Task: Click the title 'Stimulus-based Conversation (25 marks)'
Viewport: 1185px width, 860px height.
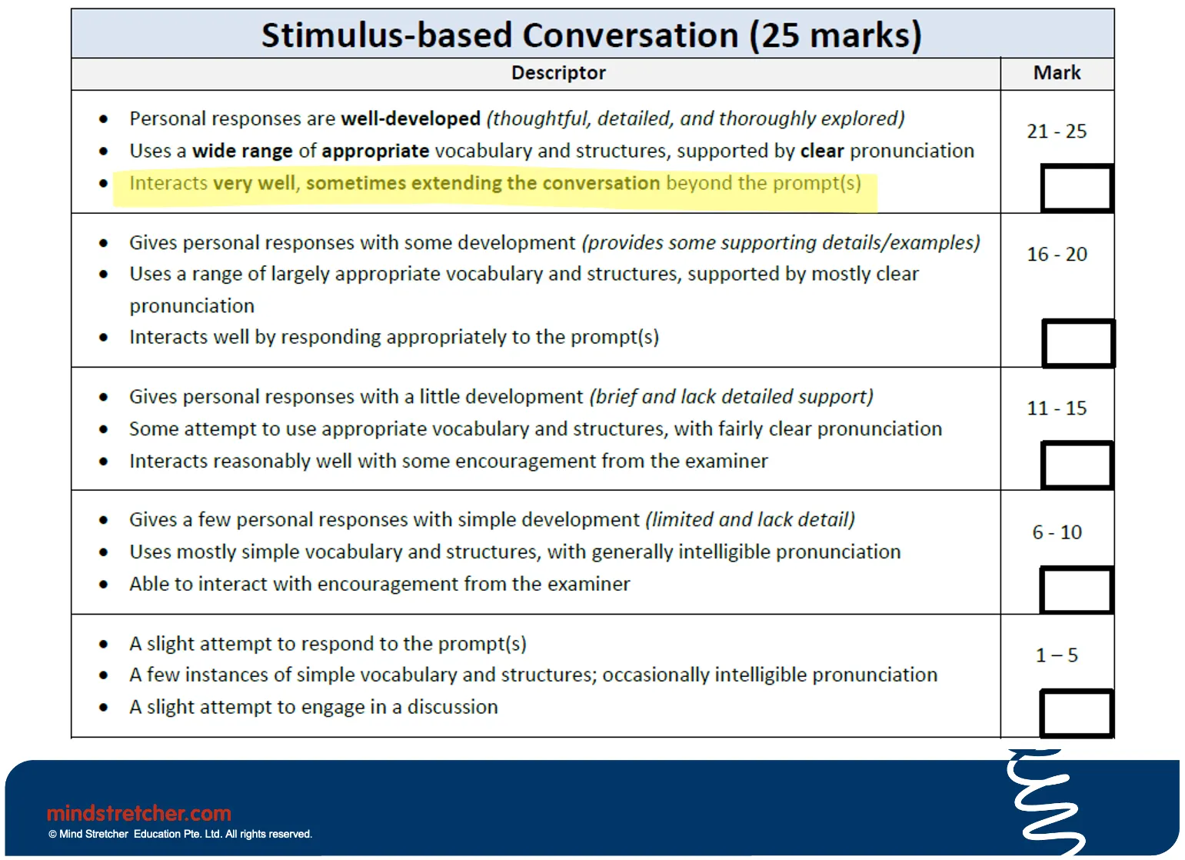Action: [x=591, y=35]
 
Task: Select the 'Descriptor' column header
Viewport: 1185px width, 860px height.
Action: [x=558, y=72]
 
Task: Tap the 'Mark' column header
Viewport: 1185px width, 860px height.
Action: [x=1057, y=72]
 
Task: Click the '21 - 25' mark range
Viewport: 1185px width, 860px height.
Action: [x=1057, y=131]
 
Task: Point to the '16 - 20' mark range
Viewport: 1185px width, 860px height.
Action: [x=1057, y=254]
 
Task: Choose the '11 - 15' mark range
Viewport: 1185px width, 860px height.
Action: [x=1057, y=408]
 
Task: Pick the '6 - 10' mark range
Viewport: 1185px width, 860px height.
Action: [x=1057, y=532]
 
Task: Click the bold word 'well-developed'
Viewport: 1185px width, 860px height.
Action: [x=411, y=118]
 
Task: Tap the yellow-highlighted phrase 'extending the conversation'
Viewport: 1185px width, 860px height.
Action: [x=535, y=182]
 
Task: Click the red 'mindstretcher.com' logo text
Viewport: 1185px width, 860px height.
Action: [x=139, y=813]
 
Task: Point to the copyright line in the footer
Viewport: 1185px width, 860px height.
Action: [x=180, y=834]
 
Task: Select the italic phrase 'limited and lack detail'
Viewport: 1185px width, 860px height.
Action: [x=751, y=520]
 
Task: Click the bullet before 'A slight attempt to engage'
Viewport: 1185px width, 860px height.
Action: [x=104, y=707]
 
